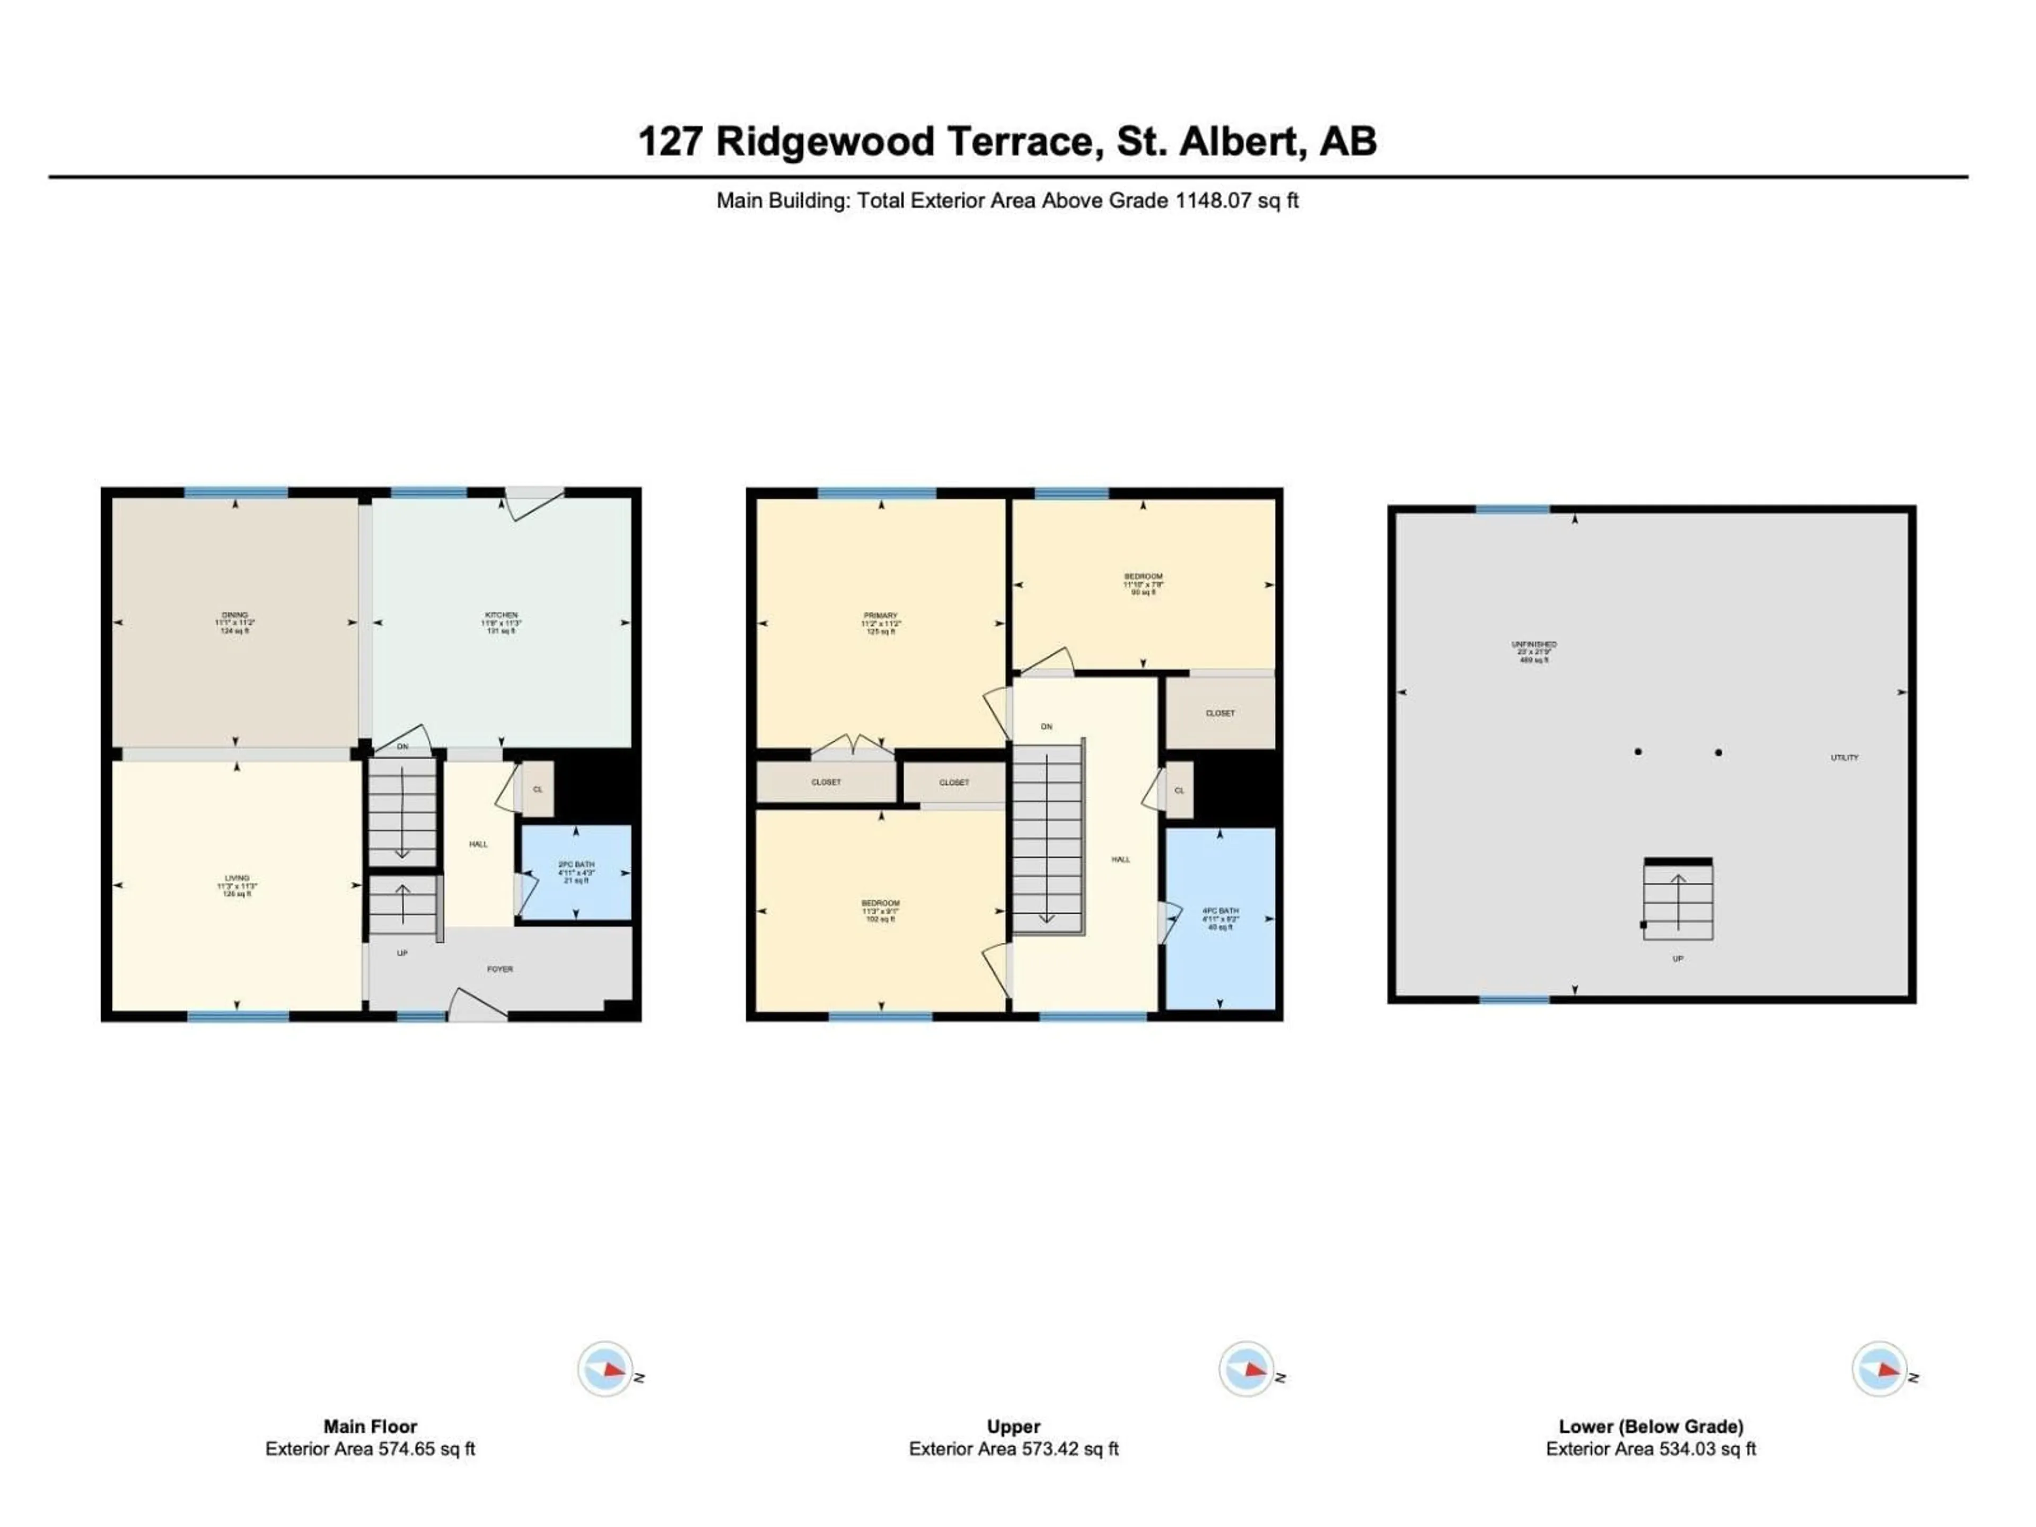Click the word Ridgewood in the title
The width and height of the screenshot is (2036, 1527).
click(x=826, y=142)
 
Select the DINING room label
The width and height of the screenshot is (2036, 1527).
click(x=235, y=615)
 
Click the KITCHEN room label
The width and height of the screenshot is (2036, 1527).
click(x=502, y=615)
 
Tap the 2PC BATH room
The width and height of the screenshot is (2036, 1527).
click(x=576, y=872)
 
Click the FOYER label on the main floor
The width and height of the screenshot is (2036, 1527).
click(x=500, y=969)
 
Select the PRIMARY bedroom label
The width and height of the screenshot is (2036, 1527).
click(x=881, y=616)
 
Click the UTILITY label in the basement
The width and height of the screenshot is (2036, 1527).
click(x=1844, y=758)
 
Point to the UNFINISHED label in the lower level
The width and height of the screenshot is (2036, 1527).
click(x=1533, y=644)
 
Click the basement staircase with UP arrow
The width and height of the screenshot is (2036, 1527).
click(x=1678, y=901)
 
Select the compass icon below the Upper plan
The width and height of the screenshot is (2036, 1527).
click(x=1247, y=1368)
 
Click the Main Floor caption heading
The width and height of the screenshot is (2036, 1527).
click(x=370, y=1426)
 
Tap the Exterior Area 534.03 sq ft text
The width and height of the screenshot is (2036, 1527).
click(x=1651, y=1449)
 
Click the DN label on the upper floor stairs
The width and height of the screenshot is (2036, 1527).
click(x=1047, y=727)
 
